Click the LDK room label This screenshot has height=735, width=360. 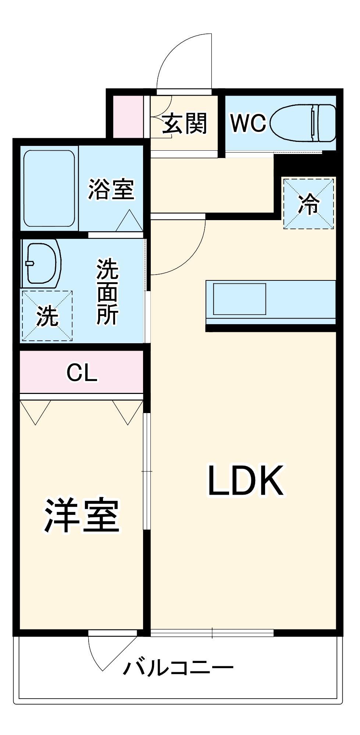click(246, 481)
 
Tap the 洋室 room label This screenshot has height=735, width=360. click(82, 516)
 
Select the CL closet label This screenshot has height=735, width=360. click(82, 373)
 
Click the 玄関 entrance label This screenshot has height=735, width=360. click(185, 123)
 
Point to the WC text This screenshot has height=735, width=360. click(248, 123)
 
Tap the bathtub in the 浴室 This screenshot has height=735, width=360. click(49, 188)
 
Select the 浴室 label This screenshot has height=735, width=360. click(111, 189)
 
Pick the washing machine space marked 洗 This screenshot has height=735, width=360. click(47, 316)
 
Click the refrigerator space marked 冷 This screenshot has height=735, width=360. click(309, 203)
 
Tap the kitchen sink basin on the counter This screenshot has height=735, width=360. click(239, 299)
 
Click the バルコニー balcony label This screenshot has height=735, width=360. click(178, 668)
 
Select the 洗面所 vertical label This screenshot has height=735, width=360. click(107, 292)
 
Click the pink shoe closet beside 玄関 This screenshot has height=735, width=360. click(128, 116)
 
